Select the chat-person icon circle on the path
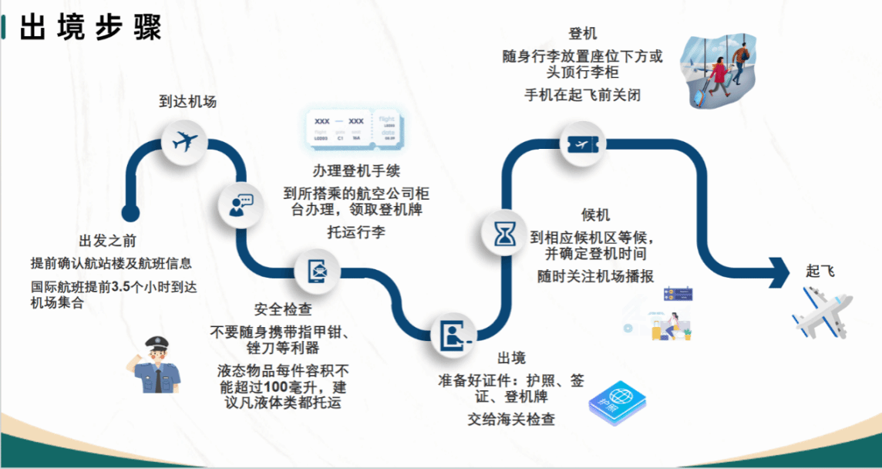coord(238,204)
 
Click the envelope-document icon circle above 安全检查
coord(318,272)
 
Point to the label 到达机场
coord(187,101)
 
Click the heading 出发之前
coord(108,241)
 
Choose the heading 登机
coord(582,34)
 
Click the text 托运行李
coord(355,231)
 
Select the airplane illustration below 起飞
coord(822,312)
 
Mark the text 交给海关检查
coord(511,420)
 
